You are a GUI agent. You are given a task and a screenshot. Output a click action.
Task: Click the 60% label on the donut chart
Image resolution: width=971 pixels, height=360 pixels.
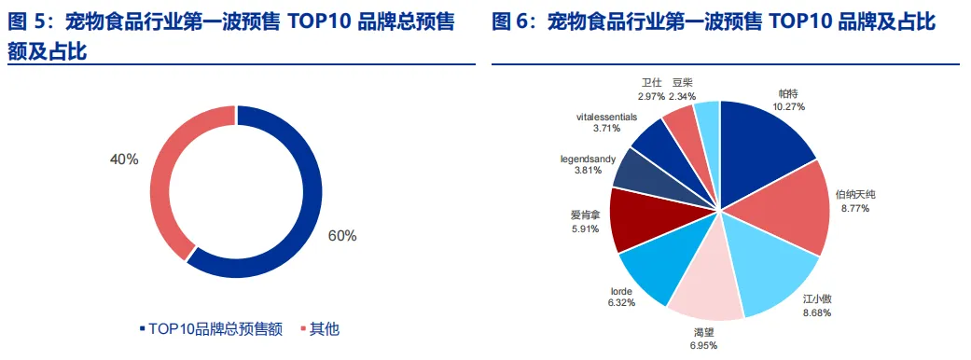[341, 235]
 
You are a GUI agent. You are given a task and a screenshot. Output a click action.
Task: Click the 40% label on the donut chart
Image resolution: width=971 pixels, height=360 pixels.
[124, 159]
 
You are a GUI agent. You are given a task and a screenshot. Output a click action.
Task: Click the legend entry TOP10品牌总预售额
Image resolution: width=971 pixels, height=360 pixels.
[212, 329]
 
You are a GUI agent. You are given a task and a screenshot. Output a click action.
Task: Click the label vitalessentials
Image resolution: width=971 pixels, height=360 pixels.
[606, 116]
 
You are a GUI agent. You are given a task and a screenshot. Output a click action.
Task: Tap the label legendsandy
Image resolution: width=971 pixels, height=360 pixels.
[588, 159]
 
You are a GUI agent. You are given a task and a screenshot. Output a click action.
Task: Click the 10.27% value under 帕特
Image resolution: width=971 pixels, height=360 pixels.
[788, 106]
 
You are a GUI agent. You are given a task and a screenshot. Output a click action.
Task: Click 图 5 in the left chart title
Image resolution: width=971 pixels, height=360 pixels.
[26, 23]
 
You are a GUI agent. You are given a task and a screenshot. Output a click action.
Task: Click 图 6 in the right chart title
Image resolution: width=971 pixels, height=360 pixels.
[510, 23]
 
